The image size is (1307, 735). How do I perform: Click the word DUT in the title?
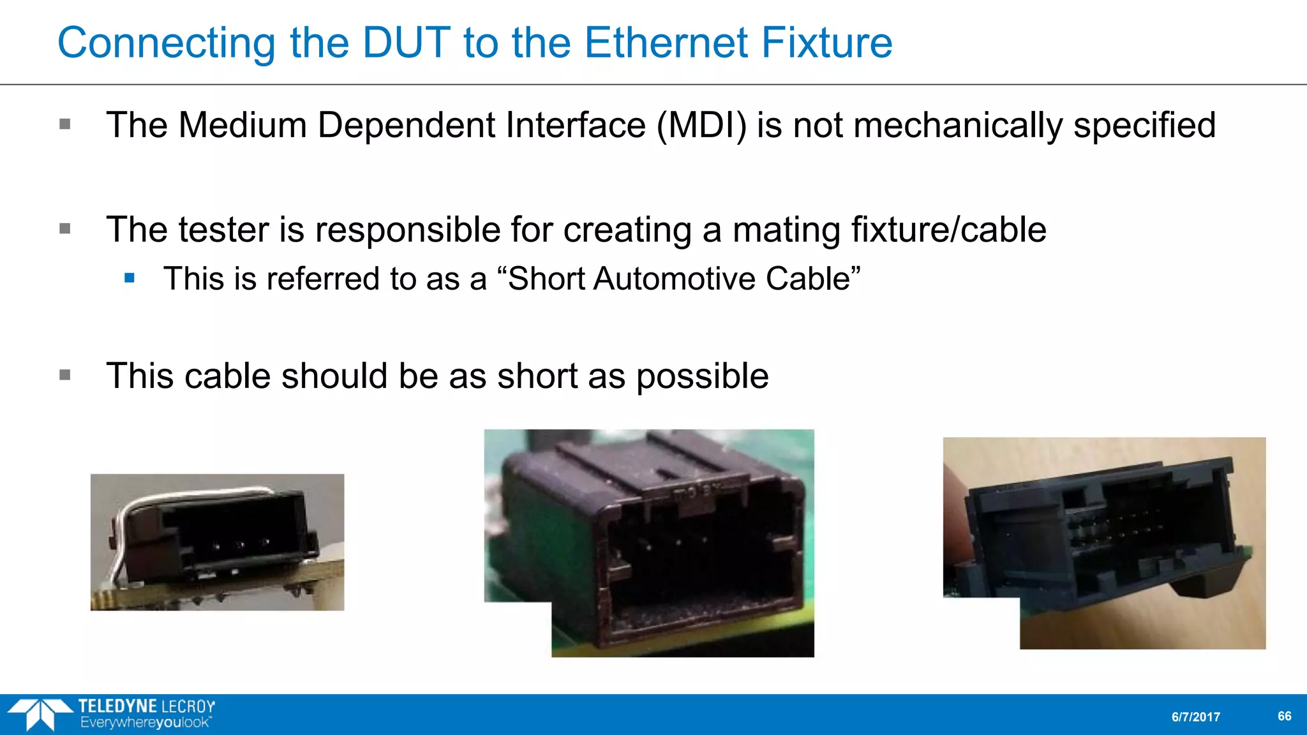click(x=407, y=43)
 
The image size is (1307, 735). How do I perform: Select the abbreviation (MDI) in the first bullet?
click(x=701, y=125)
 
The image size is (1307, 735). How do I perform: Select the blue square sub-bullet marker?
click(x=130, y=278)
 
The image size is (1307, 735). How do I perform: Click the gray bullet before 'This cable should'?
click(x=65, y=375)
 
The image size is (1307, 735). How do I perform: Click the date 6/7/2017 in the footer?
click(x=1195, y=717)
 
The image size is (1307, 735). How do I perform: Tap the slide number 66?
click(x=1284, y=716)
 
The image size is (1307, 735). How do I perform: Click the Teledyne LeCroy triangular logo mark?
click(x=40, y=713)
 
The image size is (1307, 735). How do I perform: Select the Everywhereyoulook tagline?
click(x=146, y=723)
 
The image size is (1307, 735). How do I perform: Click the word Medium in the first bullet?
click(x=243, y=125)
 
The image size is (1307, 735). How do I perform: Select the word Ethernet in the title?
click(x=666, y=43)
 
